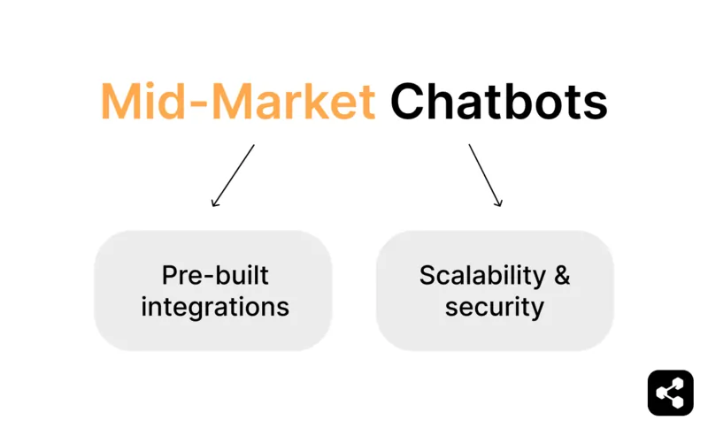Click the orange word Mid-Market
coord(238,103)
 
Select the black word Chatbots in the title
coord(498,103)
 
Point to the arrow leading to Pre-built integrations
coord(233,176)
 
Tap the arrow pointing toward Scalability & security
coord(485,176)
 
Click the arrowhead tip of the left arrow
coord(212,207)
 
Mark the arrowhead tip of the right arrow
coord(501,207)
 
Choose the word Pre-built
coord(215,276)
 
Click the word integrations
coord(215,307)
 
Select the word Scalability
coord(482,276)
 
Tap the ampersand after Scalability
coord(562,275)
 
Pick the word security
coord(494,307)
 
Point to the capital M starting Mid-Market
coord(121,103)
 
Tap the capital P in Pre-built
coord(169,276)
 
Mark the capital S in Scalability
coord(427,276)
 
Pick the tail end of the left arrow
coord(253,145)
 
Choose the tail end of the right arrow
coord(469,145)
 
